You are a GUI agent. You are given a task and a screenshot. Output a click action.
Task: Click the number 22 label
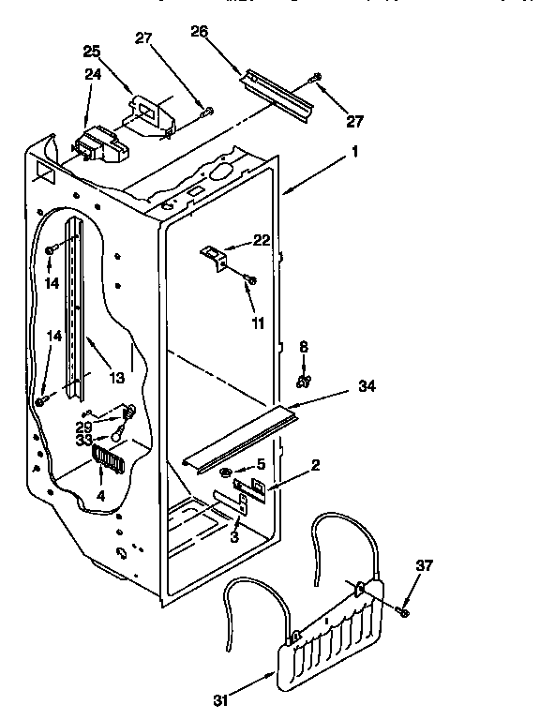point(262,240)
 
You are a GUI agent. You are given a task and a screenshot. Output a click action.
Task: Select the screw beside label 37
point(403,610)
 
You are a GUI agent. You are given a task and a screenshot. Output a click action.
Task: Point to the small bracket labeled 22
point(215,255)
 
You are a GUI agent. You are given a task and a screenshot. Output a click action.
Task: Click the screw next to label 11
point(249,278)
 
